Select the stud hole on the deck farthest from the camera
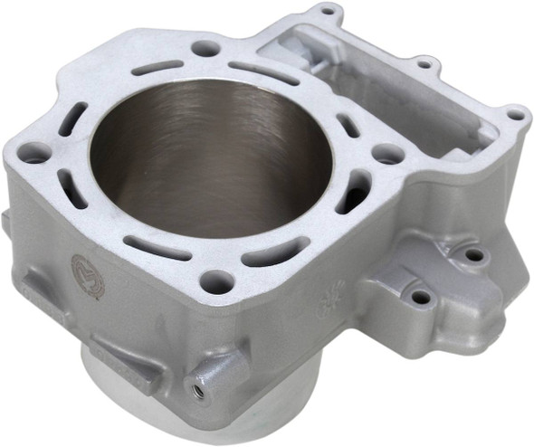[205, 48]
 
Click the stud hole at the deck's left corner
[35, 155]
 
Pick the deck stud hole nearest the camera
[214, 280]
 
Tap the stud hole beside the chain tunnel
[388, 154]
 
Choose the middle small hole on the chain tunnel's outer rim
[423, 63]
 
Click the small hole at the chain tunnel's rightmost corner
[515, 116]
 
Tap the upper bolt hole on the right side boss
[472, 256]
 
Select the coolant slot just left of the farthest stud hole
[156, 68]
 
